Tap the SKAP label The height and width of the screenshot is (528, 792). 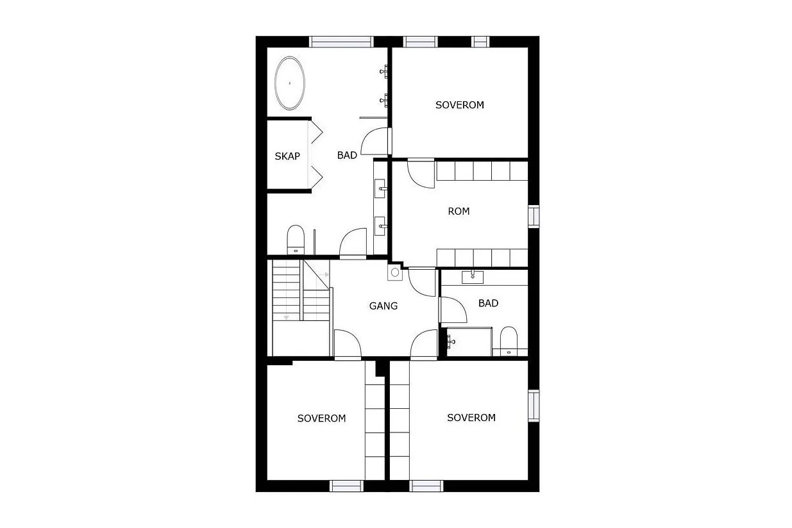287,156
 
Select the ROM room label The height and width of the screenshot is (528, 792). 459,211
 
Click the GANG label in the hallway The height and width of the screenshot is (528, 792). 383,306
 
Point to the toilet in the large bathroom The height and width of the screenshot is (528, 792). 296,240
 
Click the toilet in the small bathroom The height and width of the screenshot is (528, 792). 509,341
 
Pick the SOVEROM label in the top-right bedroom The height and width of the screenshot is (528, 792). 460,105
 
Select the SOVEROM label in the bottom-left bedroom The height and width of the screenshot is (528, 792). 321,418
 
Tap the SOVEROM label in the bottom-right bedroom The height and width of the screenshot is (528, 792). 471,418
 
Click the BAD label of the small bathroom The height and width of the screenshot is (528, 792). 488,303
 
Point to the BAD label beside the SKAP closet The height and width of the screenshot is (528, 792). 347,155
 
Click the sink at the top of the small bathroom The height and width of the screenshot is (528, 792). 473,277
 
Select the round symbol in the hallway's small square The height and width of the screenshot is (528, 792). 395,273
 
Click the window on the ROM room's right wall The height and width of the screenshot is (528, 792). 534,216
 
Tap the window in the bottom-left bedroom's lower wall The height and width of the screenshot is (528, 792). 346,486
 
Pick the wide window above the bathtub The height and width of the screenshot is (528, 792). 341,42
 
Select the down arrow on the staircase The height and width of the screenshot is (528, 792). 286,318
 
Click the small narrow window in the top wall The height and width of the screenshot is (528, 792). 480,42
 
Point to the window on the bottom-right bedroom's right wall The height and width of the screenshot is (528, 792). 534,406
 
